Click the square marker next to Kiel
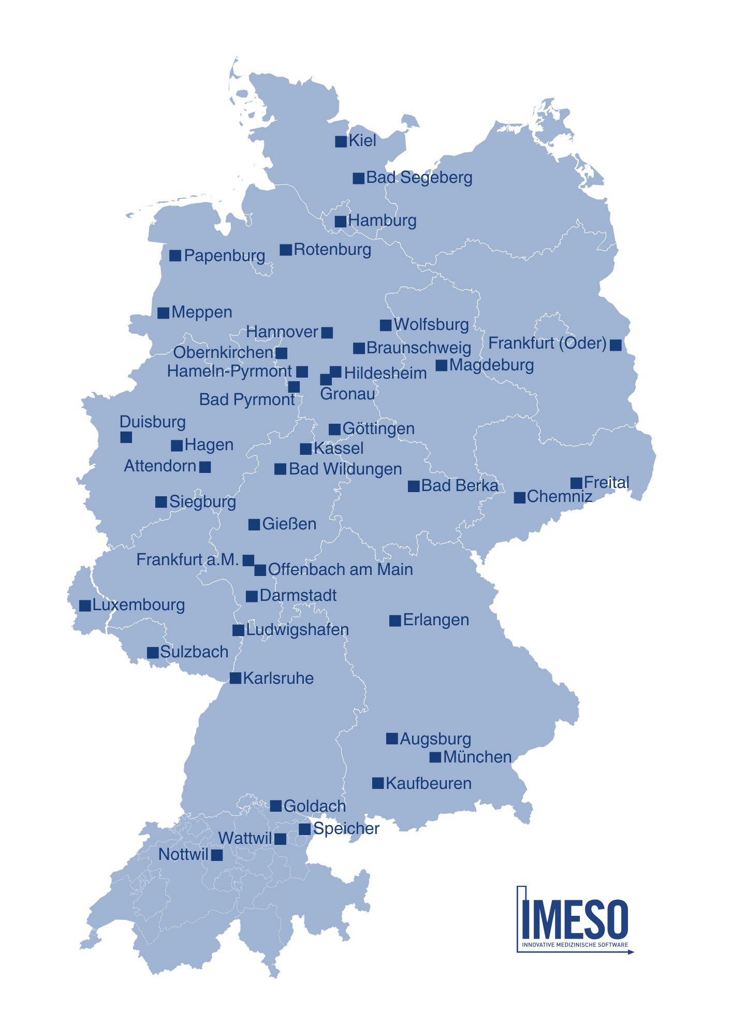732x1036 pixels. pos(341,141)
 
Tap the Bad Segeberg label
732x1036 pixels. pos(419,178)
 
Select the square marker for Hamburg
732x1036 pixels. pos(340,222)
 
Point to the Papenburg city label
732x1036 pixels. pos(224,255)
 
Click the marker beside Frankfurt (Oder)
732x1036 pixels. pos(616,345)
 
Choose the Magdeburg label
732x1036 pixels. pos(491,365)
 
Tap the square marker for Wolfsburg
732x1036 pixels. pos(386,325)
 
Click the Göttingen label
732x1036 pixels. pos(378,429)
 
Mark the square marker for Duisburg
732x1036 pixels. pos(126,437)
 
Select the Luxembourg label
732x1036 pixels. pos(138,605)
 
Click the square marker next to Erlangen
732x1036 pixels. pos(395,621)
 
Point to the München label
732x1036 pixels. pos(477,757)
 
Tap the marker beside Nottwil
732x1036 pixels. pos(217,855)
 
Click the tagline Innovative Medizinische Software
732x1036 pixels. pos(575,945)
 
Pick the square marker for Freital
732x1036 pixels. pos(576,483)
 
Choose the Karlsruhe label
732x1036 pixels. pos(278,678)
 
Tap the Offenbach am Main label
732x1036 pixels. pos(340,570)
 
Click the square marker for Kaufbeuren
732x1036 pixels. pos(378,783)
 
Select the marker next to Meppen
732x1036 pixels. pos(163,313)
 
